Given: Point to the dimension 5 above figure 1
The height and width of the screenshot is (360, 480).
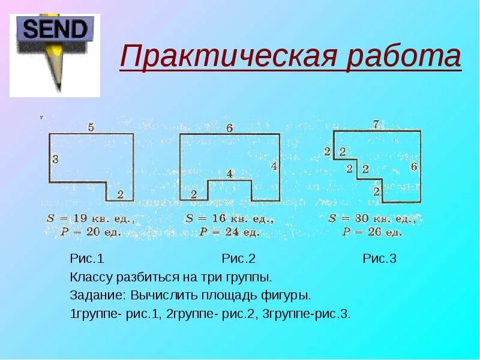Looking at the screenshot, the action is tap(91, 127).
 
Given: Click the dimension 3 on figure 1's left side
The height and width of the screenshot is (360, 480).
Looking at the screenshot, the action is tap(55, 159).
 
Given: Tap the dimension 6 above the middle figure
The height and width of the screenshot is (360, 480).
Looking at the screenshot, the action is tap(229, 128).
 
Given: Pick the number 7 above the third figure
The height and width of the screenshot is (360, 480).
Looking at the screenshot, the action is tap(376, 125).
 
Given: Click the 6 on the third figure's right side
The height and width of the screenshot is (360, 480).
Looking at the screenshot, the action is tap(413, 166).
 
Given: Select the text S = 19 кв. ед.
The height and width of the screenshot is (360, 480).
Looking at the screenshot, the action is tap(91, 219).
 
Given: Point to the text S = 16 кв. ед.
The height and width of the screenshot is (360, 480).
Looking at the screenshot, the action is tap(230, 219).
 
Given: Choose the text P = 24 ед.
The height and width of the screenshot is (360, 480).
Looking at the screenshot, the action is tap(230, 231).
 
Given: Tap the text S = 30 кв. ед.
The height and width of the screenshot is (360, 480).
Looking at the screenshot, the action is tap(373, 219).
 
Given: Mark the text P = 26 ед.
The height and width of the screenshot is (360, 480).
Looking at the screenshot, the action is tap(372, 231).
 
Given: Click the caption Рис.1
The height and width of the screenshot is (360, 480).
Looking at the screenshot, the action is tap(87, 259).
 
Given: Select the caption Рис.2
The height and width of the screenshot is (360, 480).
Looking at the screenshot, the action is tap(239, 259).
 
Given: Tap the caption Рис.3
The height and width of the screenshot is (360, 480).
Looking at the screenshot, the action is tap(379, 259).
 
